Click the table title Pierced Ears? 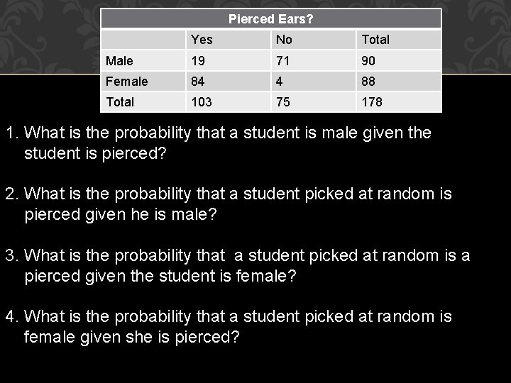coord(270,19)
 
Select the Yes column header coord(202,40)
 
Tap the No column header coord(284,40)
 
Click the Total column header coord(375,40)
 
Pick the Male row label coord(119,61)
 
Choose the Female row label coord(126,82)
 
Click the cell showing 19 coord(198,61)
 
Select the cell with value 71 coord(283,61)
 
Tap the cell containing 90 coord(370,61)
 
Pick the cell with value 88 coord(370,82)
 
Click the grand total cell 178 coord(373,102)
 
